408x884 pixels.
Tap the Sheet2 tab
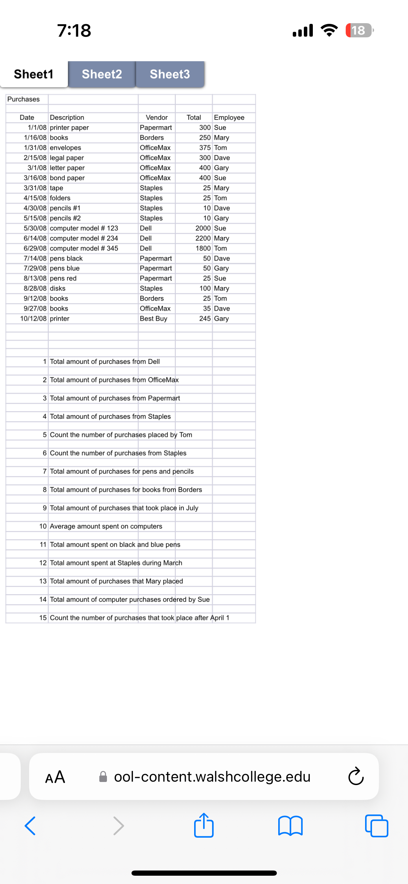[x=102, y=74]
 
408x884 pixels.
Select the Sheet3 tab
[x=170, y=74]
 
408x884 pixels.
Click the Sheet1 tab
[x=34, y=74]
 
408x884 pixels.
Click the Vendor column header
[x=156, y=118]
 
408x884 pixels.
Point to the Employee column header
[x=229, y=118]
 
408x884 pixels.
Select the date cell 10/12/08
[x=33, y=319]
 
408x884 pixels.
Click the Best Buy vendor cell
[x=153, y=319]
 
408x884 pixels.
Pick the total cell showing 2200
[x=203, y=238]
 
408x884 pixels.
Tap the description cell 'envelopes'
[x=65, y=148]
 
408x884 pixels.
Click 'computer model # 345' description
[x=84, y=248]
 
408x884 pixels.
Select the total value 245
[x=205, y=319]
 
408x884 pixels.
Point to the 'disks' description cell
[x=58, y=288]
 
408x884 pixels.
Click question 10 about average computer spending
[x=106, y=526]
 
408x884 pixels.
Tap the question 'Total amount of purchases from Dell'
[x=105, y=362]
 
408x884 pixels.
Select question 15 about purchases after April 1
[x=139, y=618]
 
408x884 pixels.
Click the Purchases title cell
[x=24, y=99]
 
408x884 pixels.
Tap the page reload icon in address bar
[x=356, y=777]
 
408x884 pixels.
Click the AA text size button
[x=55, y=777]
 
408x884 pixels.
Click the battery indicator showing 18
[x=359, y=30]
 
